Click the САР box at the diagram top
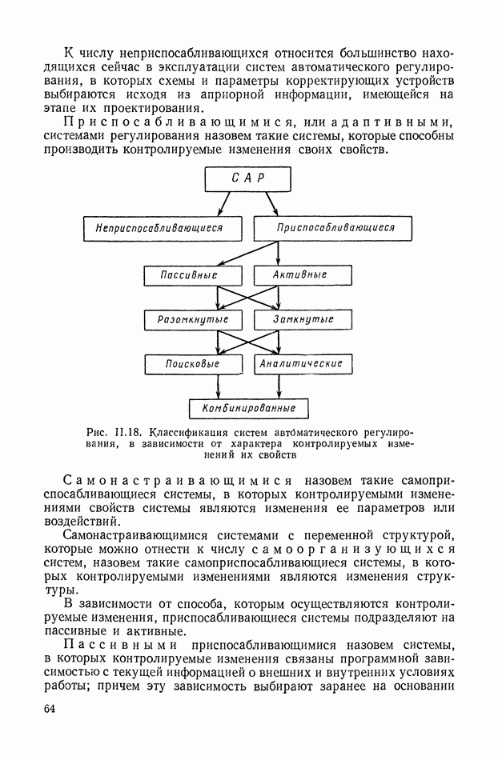tap(248, 178)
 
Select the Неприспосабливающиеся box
tap(163, 228)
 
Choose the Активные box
tap(302, 274)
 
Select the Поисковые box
tap(192, 364)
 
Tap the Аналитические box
tap(302, 364)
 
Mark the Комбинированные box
tap(249, 408)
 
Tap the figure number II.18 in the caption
tap(130, 431)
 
